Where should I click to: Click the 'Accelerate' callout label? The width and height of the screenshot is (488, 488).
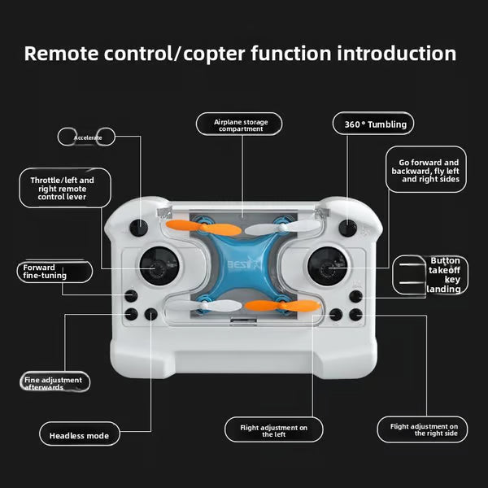88,137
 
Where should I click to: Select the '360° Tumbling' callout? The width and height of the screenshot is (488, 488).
374,124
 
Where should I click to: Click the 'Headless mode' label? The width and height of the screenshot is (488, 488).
79,435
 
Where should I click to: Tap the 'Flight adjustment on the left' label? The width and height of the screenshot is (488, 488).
273,430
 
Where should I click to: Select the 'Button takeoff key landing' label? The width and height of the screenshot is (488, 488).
444,275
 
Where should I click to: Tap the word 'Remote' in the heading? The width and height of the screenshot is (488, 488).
62,54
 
